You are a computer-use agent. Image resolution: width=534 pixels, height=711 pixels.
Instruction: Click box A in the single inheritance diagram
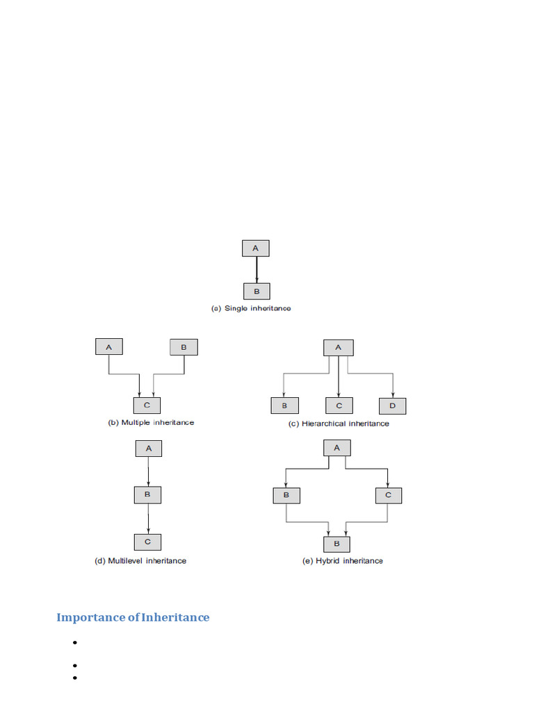tap(255, 249)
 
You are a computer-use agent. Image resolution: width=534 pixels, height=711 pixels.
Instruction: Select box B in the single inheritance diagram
tap(256, 291)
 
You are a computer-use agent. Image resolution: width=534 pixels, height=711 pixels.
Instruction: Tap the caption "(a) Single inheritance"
tap(251, 308)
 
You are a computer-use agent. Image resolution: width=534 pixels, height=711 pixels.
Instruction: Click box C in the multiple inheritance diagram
tap(147, 405)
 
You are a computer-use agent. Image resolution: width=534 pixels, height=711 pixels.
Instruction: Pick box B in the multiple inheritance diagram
tap(184, 347)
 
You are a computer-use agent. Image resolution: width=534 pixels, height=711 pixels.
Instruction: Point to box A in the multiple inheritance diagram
tap(108, 347)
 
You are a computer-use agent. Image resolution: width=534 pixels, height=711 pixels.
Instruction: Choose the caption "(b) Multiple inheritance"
tap(151, 422)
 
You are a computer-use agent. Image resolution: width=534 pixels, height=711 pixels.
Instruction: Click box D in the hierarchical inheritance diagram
tap(393, 405)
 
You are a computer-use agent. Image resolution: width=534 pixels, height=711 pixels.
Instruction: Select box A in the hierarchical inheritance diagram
tap(339, 348)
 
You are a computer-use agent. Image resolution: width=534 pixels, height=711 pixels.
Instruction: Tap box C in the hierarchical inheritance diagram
tap(339, 405)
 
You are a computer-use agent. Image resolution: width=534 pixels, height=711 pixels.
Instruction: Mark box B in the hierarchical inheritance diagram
tap(284, 405)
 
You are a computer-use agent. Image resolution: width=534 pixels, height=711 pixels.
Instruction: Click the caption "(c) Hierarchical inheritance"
tap(339, 424)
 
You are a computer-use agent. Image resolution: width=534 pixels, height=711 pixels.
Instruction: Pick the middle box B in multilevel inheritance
tap(148, 495)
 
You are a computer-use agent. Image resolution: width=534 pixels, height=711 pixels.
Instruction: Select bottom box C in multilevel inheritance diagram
tap(148, 542)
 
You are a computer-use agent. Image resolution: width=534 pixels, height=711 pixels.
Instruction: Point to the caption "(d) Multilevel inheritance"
tap(140, 560)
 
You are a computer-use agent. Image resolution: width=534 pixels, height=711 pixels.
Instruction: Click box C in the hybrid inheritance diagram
tap(388, 495)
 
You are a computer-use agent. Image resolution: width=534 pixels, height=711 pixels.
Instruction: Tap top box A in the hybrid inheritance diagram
tap(337, 448)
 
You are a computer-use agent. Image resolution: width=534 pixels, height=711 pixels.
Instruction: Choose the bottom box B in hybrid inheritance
tap(337, 544)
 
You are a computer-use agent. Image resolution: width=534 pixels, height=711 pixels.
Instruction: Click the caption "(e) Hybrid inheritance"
tap(343, 560)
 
